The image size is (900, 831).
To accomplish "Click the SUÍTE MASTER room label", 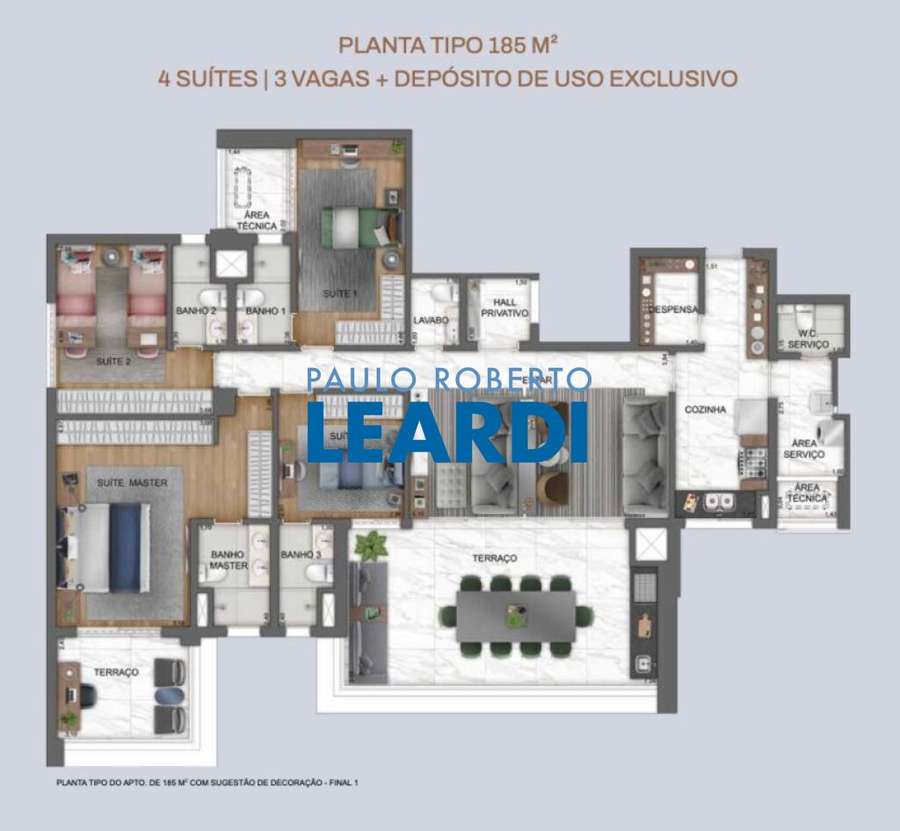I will coord(132,482).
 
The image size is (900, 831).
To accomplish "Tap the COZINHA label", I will coord(707,410).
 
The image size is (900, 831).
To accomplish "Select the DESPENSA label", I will coord(672,309).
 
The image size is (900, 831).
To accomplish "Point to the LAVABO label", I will coord(431,321).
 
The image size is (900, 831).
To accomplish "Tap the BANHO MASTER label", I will coord(228,560).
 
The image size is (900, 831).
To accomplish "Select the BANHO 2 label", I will coord(190,310).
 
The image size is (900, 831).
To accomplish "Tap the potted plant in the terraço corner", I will coord(370,545).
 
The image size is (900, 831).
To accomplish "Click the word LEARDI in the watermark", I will coord(447,431).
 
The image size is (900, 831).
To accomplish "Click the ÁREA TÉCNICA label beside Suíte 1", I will coord(256,220).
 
